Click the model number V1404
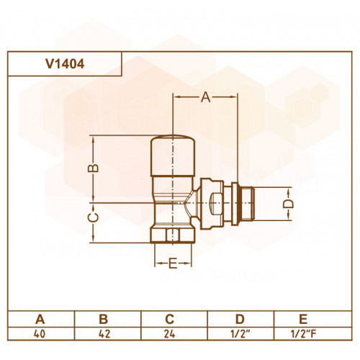click(x=65, y=64)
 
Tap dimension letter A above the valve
click(x=206, y=97)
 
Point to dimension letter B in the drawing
click(x=93, y=168)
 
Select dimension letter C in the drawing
click(x=93, y=217)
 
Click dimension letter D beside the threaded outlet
click(x=288, y=204)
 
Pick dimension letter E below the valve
click(x=173, y=264)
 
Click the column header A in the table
click(x=40, y=319)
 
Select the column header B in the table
click(x=104, y=319)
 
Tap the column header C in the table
click(x=169, y=319)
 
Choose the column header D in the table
click(x=240, y=319)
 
